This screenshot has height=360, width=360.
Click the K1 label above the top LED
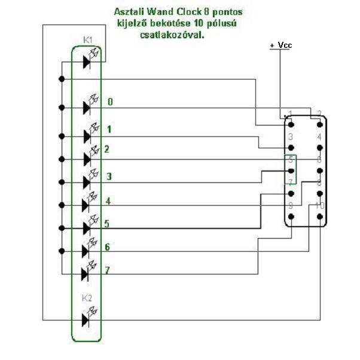click(x=87, y=40)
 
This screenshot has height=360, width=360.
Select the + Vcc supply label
click(x=280, y=45)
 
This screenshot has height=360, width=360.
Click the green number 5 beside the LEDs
click(x=107, y=224)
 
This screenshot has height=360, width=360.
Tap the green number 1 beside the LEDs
click(x=109, y=129)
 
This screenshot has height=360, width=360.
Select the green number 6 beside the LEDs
click(x=107, y=247)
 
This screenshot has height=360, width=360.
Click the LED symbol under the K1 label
click(x=88, y=59)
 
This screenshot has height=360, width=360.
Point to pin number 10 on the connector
click(x=320, y=205)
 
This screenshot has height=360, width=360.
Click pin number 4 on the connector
click(x=319, y=137)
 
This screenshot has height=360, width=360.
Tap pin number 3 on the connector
click(x=290, y=137)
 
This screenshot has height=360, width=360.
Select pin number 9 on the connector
click(x=290, y=205)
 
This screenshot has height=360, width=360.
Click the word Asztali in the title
click(x=129, y=11)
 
